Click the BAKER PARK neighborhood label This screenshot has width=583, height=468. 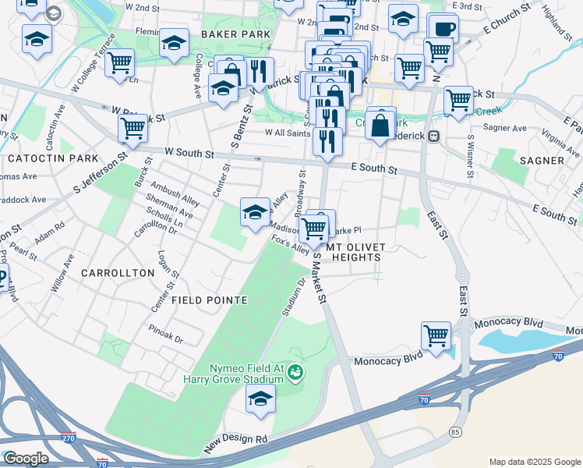pos(235,34)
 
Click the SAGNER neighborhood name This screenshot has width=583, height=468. pos(540,161)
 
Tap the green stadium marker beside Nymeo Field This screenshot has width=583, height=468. pos(295,372)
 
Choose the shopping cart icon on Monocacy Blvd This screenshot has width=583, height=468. pos(436,335)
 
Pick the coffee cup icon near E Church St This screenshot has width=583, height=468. pos(443,29)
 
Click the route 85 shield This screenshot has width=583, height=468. pos(454,431)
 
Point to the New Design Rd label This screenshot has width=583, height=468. pos(236,441)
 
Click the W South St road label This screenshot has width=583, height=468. pos(189,154)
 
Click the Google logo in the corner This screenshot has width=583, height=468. pos(25,459)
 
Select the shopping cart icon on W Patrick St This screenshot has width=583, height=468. pos(132,127)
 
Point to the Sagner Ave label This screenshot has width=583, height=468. pos(505,128)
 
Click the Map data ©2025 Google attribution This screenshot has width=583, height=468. pos(535,462)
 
